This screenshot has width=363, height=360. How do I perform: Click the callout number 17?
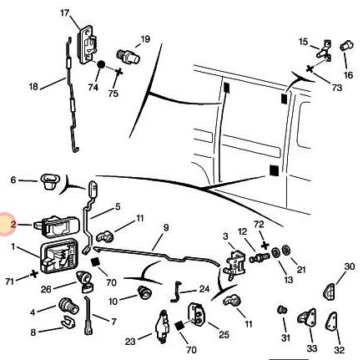pos(64,13)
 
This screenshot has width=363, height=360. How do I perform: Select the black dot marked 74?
pos(101,65)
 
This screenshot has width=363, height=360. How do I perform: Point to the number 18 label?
pos(33,87)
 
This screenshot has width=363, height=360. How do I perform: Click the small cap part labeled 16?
pos(346,45)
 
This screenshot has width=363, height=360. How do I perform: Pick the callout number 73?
pos(336,88)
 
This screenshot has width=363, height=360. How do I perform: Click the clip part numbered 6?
pos(50,180)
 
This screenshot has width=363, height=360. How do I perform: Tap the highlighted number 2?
pos(13,225)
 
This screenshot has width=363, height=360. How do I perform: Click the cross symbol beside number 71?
pos(34,274)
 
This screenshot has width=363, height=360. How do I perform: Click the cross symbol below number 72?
pos(265,246)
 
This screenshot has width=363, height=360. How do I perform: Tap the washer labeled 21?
pos(285,250)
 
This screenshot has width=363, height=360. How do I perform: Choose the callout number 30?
pos(350,266)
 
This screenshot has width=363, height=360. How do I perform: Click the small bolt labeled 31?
pos(282,310)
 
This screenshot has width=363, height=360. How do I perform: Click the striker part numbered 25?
pos(197,313)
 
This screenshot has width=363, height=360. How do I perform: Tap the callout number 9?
pos(166,228)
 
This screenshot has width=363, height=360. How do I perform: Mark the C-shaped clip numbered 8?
pos(68,322)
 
